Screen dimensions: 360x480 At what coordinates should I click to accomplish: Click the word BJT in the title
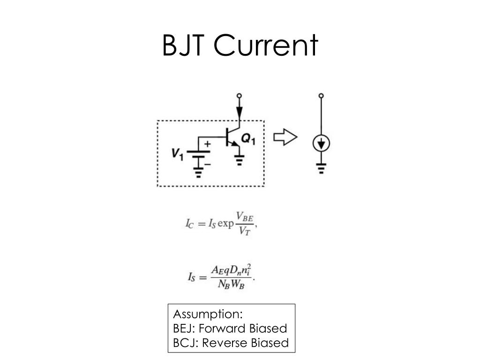tap(184, 46)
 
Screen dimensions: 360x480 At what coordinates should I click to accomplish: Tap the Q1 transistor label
tap(248, 139)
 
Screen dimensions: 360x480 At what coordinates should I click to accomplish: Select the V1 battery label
tap(177, 153)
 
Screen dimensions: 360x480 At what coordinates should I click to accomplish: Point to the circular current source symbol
tap(321, 143)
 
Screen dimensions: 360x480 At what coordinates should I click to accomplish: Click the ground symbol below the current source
tap(321, 167)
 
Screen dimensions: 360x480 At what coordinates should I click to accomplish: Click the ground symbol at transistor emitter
tap(240, 161)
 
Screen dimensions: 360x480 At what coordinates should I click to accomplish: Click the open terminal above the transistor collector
tap(240, 96)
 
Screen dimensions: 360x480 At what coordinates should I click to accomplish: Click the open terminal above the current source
tap(321, 96)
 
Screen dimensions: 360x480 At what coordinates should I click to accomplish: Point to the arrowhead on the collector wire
tap(240, 112)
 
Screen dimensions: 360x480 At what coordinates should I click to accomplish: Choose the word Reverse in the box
tap(225, 343)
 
